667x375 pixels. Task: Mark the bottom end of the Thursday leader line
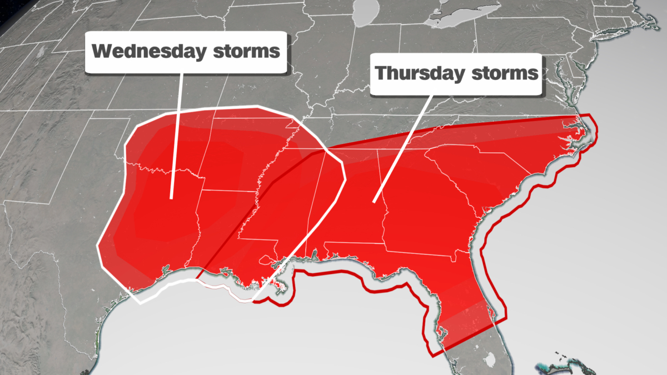click(374, 201)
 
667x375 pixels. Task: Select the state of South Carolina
click(478, 178)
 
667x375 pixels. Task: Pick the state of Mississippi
click(289, 211)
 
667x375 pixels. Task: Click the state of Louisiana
click(222, 244)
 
